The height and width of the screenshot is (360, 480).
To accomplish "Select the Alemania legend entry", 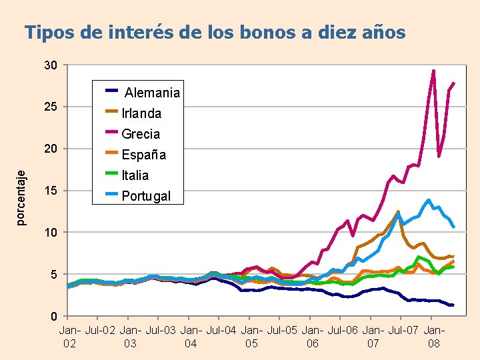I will [x=151, y=93].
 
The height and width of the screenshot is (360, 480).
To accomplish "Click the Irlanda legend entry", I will [x=141, y=113].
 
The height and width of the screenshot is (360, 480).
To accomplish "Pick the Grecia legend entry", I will [x=141, y=134].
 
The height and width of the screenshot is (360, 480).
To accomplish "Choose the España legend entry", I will [x=143, y=155].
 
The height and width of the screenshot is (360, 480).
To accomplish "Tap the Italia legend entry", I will [x=135, y=175].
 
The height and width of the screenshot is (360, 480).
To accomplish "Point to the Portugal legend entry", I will [x=146, y=196].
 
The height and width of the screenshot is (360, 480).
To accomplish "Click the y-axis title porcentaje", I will [x=22, y=198].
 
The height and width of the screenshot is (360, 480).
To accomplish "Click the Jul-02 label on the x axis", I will [x=100, y=330].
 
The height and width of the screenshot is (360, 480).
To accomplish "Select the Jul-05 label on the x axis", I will [x=283, y=330].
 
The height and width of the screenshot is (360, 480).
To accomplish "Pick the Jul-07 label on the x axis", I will [x=404, y=330].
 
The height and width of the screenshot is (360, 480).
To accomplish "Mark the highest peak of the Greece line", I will [x=433, y=71].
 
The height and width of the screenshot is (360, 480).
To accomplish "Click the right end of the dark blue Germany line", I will [x=453, y=305].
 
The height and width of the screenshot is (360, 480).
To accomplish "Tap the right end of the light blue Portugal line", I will [x=453, y=227].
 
